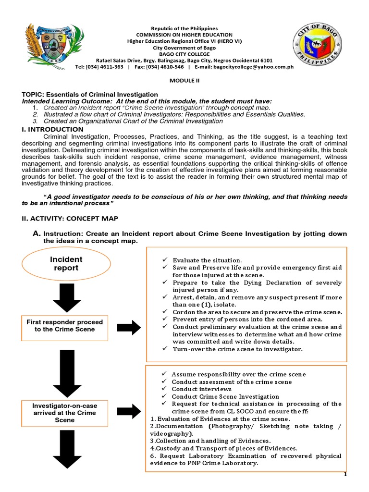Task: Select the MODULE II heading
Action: [184, 81]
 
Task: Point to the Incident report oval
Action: [66, 264]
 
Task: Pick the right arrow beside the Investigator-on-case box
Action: [129, 411]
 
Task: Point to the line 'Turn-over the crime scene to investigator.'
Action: [237, 349]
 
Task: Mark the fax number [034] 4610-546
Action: [158, 67]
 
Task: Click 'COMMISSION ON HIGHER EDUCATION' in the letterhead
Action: [184, 35]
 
